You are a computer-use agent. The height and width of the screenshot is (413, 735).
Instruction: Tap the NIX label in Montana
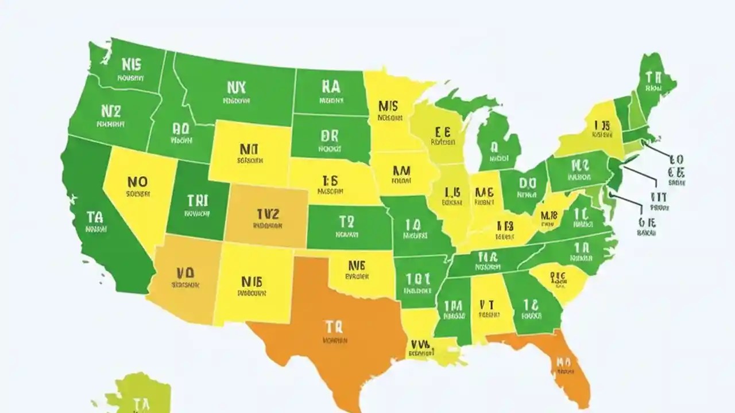pos(236,87)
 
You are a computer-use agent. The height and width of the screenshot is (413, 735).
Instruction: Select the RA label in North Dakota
pos(331,86)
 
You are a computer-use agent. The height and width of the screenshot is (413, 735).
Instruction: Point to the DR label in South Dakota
pos(330,135)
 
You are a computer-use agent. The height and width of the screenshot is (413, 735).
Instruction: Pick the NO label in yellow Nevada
pos(137,182)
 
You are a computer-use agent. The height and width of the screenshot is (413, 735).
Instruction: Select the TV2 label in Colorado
pos(268,214)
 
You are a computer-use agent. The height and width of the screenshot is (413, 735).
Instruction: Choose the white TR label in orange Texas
pos(333,327)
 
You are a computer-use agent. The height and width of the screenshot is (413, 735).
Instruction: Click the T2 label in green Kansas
pos(347,222)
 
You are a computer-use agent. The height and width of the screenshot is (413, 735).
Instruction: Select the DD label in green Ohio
pos(527,182)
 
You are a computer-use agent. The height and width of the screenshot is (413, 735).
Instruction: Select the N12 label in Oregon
pos(110,110)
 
